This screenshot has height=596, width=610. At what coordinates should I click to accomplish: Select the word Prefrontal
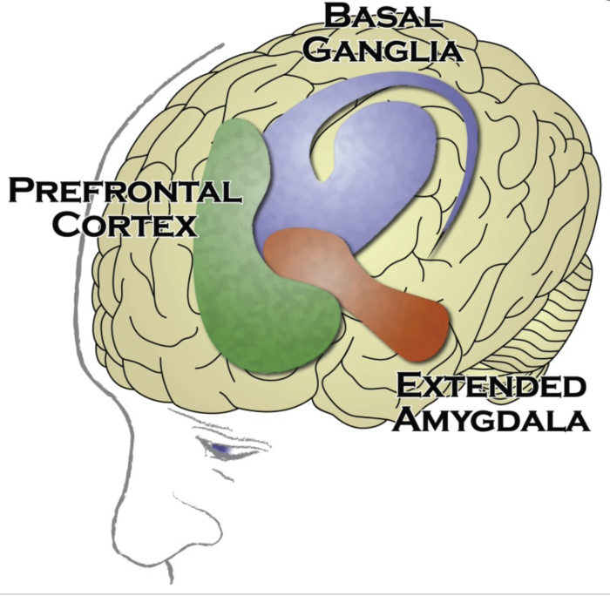point(124,191)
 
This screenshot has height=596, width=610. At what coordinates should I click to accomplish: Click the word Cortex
point(124,225)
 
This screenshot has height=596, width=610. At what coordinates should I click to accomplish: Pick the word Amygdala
point(490,421)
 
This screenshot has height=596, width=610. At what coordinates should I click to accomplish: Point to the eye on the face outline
point(223,448)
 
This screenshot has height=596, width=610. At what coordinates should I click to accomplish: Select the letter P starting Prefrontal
point(22,190)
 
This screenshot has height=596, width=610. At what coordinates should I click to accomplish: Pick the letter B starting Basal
point(335,17)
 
